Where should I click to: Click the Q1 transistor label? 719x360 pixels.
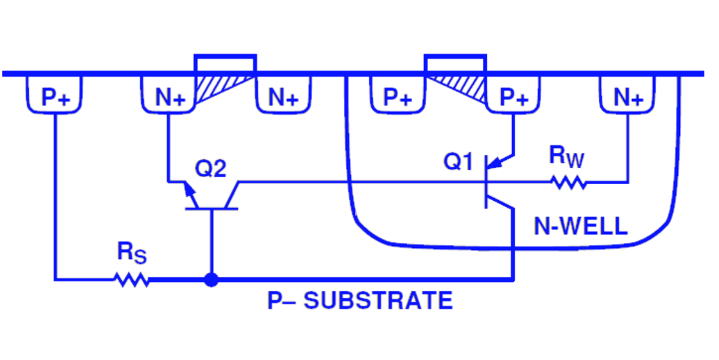pos(458,163)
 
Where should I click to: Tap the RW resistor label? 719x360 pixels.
pos(567,156)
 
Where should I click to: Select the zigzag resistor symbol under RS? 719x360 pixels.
pos(131,279)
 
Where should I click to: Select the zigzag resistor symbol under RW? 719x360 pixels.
pos(569,183)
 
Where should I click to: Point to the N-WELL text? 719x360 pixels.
pos(580,225)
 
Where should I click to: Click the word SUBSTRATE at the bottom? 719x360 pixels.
pos(379,301)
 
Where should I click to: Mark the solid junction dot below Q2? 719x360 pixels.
pos(210,279)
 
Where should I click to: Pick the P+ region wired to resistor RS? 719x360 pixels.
pos(55,97)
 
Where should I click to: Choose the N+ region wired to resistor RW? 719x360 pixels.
pos(628,97)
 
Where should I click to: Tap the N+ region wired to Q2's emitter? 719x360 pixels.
pos(170,97)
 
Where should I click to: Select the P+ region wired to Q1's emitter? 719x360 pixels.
pos(513,97)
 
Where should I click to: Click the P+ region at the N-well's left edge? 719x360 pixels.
pos(397,97)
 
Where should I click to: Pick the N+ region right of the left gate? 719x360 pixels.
pos(283,97)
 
